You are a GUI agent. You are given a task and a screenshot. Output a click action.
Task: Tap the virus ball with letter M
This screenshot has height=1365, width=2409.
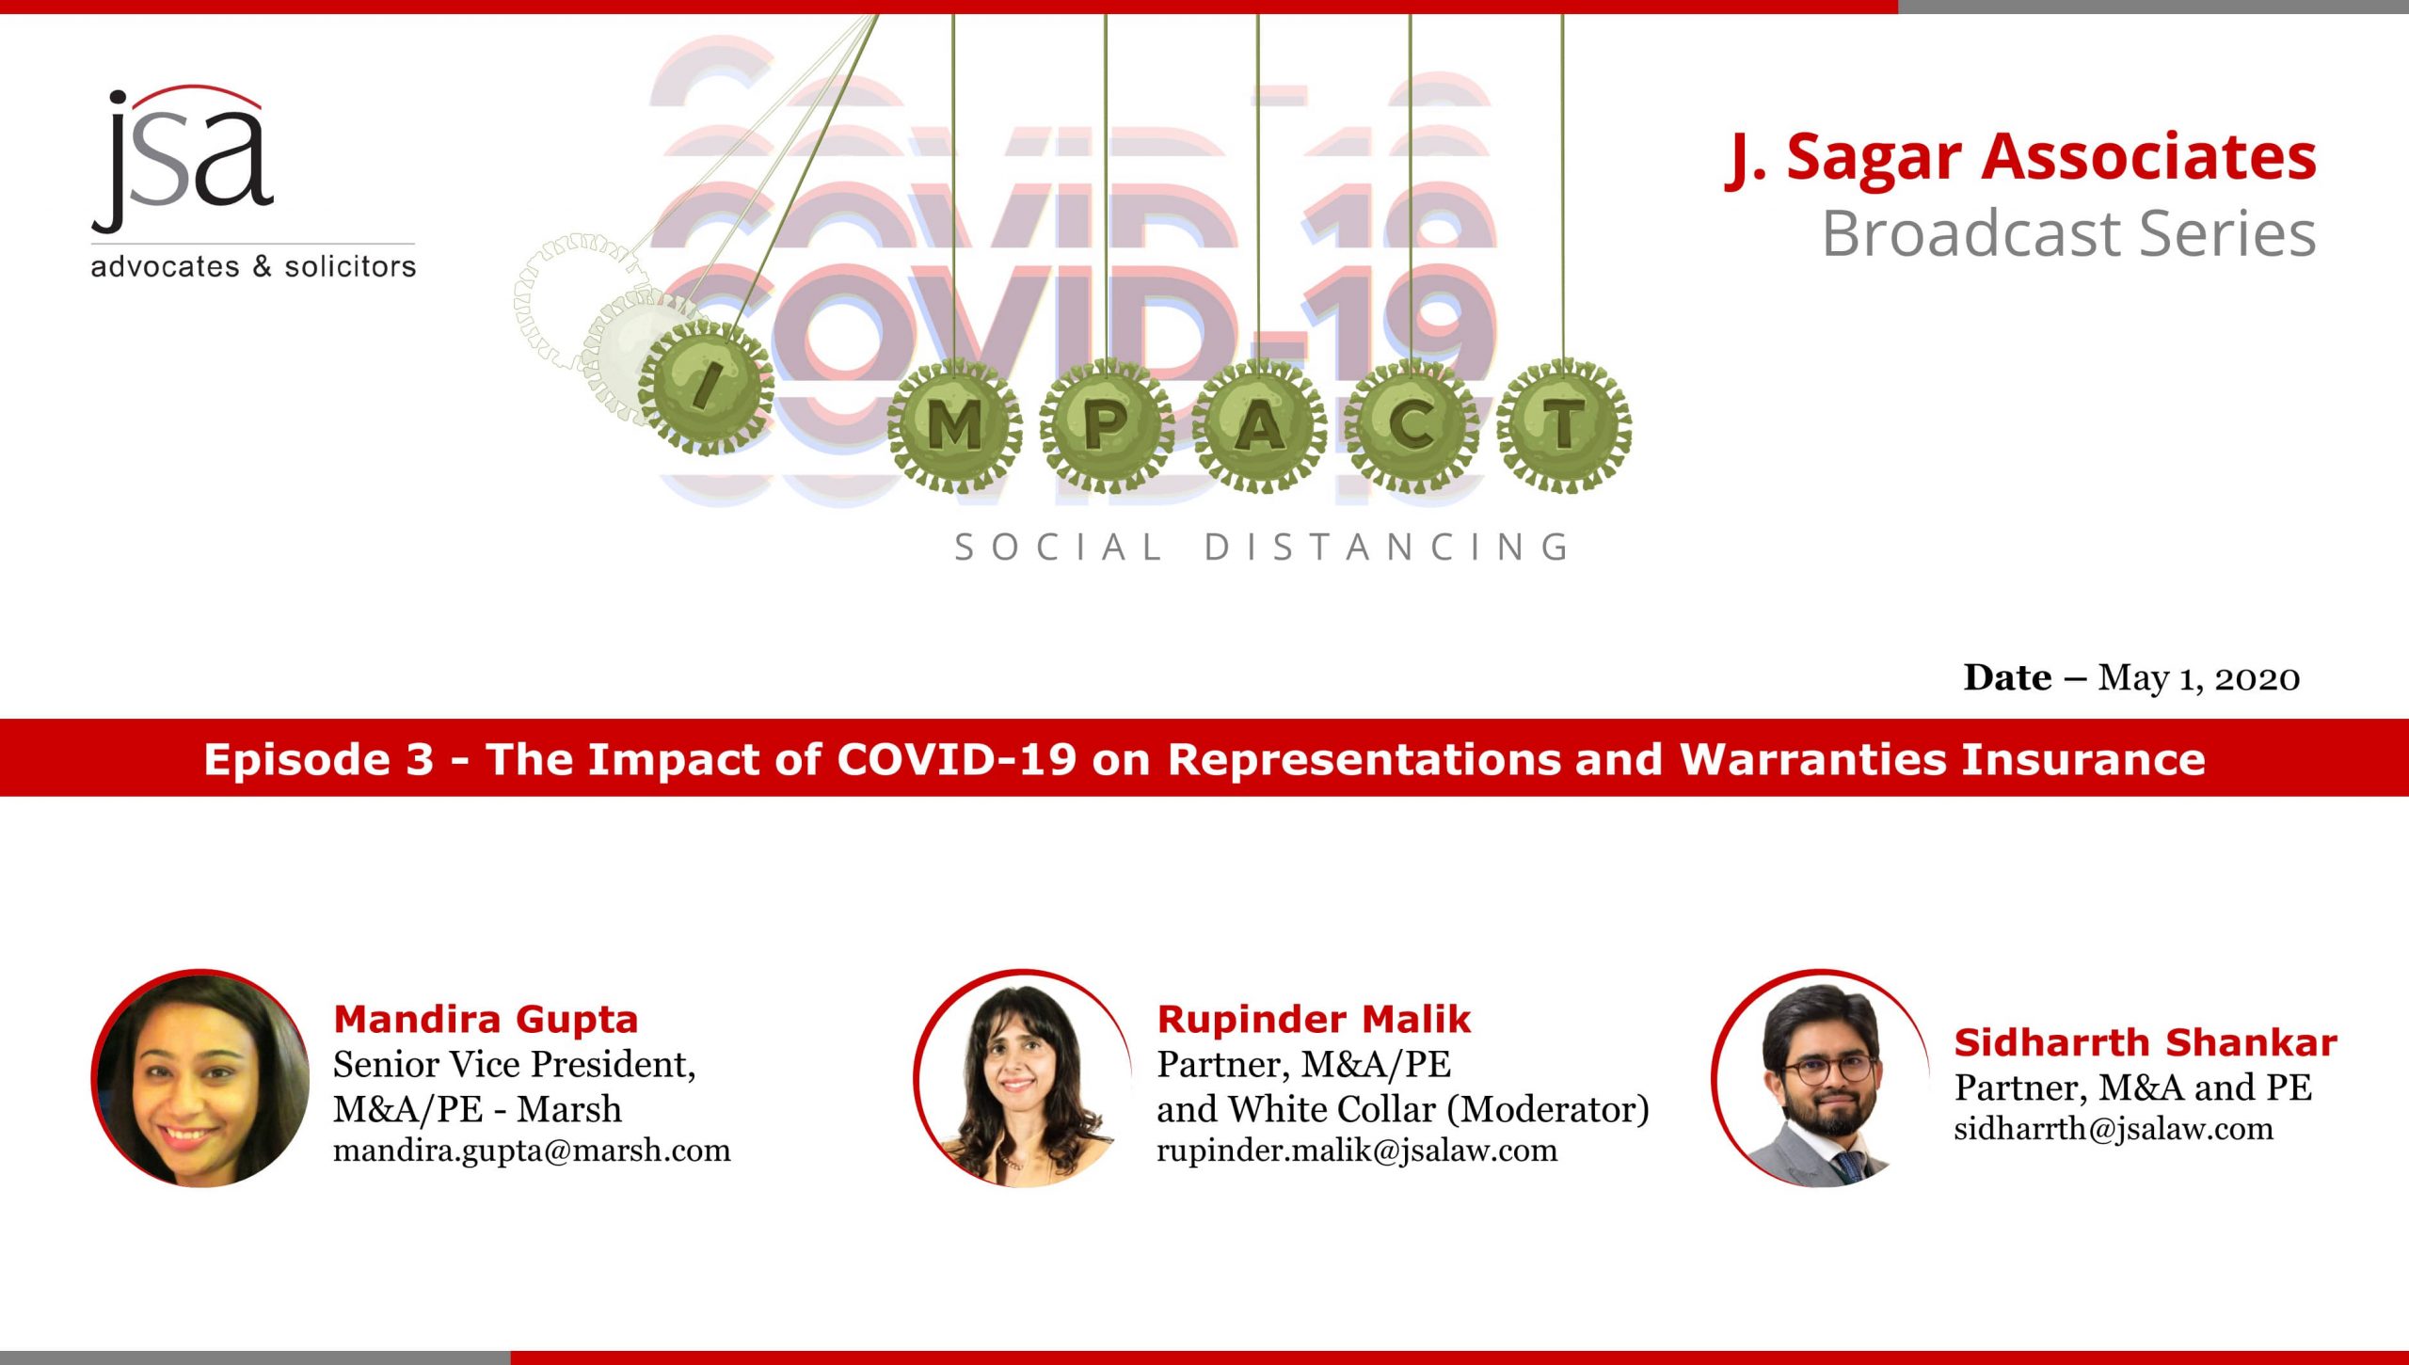pyautogui.click(x=954, y=426)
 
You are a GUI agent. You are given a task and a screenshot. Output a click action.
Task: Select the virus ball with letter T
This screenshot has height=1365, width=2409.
pyautogui.click(x=1563, y=425)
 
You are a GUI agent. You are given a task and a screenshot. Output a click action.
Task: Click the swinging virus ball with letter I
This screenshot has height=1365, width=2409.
pyautogui.click(x=706, y=387)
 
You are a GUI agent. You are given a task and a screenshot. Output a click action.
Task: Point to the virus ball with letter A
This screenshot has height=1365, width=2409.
pyautogui.click(x=1259, y=426)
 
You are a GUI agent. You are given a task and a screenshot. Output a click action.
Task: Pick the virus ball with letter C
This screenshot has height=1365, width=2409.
pyautogui.click(x=1411, y=426)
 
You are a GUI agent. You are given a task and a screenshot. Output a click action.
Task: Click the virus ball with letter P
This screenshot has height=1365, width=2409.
pyautogui.click(x=1107, y=426)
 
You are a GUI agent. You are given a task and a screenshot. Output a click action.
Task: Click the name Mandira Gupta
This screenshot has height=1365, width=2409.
pyautogui.click(x=486, y=1019)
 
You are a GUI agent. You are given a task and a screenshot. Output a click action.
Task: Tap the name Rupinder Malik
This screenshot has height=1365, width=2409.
pyautogui.click(x=1314, y=1019)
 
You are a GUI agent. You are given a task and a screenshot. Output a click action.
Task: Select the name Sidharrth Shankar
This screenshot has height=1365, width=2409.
pyautogui.click(x=2146, y=1042)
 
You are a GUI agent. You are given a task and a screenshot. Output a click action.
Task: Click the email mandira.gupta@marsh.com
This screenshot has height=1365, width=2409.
pyautogui.click(x=532, y=1151)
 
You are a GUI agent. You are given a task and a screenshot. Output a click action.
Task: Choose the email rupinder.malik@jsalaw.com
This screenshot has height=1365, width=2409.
pyautogui.click(x=1357, y=1151)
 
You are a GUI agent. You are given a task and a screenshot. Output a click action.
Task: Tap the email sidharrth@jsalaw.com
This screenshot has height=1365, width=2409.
pyautogui.click(x=2114, y=1129)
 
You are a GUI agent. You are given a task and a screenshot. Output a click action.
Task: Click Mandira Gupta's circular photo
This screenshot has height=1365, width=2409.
pyautogui.click(x=200, y=1078)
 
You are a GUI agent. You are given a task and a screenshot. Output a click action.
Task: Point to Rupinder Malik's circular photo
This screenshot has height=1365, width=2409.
pyautogui.click(x=1023, y=1078)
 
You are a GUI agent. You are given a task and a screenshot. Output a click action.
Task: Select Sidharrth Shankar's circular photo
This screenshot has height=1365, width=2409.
pyautogui.click(x=1820, y=1078)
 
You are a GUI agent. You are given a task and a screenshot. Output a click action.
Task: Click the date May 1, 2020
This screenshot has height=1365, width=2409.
pyautogui.click(x=2198, y=678)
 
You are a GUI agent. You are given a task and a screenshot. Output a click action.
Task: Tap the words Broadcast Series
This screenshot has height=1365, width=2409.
pyautogui.click(x=2068, y=233)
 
